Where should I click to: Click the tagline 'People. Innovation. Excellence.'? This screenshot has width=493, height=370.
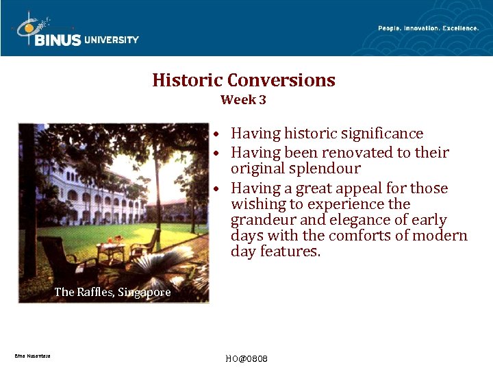[x=428, y=28]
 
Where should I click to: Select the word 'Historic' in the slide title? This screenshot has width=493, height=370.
[x=187, y=80]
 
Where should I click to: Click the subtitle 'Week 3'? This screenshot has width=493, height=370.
[x=243, y=100]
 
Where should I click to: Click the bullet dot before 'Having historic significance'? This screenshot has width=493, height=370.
[x=215, y=134]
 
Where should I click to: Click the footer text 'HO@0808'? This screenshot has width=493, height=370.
[x=246, y=359]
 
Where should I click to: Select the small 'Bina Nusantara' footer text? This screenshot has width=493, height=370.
[x=31, y=356]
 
